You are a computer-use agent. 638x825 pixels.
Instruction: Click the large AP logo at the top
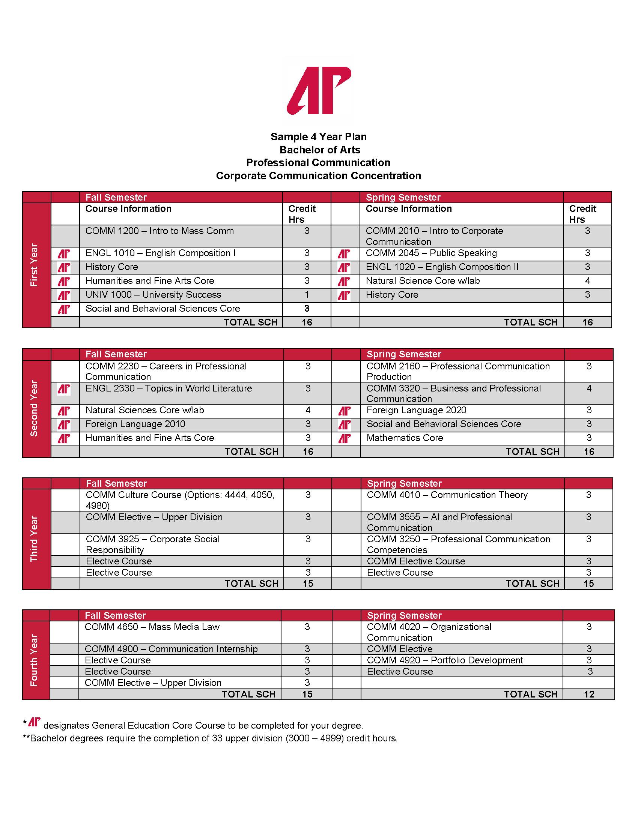[x=319, y=91]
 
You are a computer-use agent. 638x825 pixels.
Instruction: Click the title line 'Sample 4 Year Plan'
[x=318, y=137]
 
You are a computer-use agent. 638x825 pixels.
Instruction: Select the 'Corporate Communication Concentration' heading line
[x=318, y=175]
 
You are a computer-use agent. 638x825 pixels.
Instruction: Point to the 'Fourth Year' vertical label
[x=34, y=660]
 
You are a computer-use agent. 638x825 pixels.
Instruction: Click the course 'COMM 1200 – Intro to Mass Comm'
[x=159, y=231]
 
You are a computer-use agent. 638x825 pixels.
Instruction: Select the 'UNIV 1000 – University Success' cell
[x=153, y=295]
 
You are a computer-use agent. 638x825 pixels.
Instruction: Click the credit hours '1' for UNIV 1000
[x=307, y=295]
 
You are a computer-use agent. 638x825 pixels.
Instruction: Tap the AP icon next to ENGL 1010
[x=64, y=253]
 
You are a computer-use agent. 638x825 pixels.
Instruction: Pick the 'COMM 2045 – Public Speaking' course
[x=431, y=253]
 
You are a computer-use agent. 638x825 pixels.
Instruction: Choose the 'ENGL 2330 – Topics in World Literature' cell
[x=169, y=388]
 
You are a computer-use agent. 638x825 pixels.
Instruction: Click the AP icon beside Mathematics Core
[x=344, y=439]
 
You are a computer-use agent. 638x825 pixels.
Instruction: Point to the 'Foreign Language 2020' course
[x=416, y=410]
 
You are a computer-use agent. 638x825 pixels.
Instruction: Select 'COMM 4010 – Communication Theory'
[x=447, y=495]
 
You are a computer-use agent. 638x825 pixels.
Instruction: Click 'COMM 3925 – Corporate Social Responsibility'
[x=153, y=544]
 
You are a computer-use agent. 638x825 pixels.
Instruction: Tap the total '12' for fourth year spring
[x=589, y=694]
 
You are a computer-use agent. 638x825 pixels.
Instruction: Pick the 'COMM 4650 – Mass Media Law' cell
[x=152, y=627]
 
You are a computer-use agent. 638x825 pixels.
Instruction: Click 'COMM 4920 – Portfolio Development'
[x=445, y=660]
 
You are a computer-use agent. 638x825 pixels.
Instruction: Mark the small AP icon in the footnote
[x=35, y=722]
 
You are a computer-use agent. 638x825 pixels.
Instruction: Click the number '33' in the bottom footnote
[x=217, y=738]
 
